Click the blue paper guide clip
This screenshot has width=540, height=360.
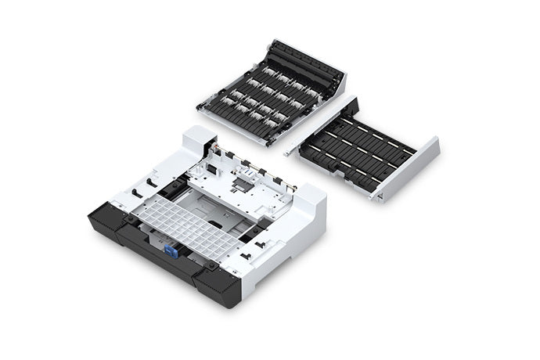tap(168, 250)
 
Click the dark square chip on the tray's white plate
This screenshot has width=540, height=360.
tap(244, 187)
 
